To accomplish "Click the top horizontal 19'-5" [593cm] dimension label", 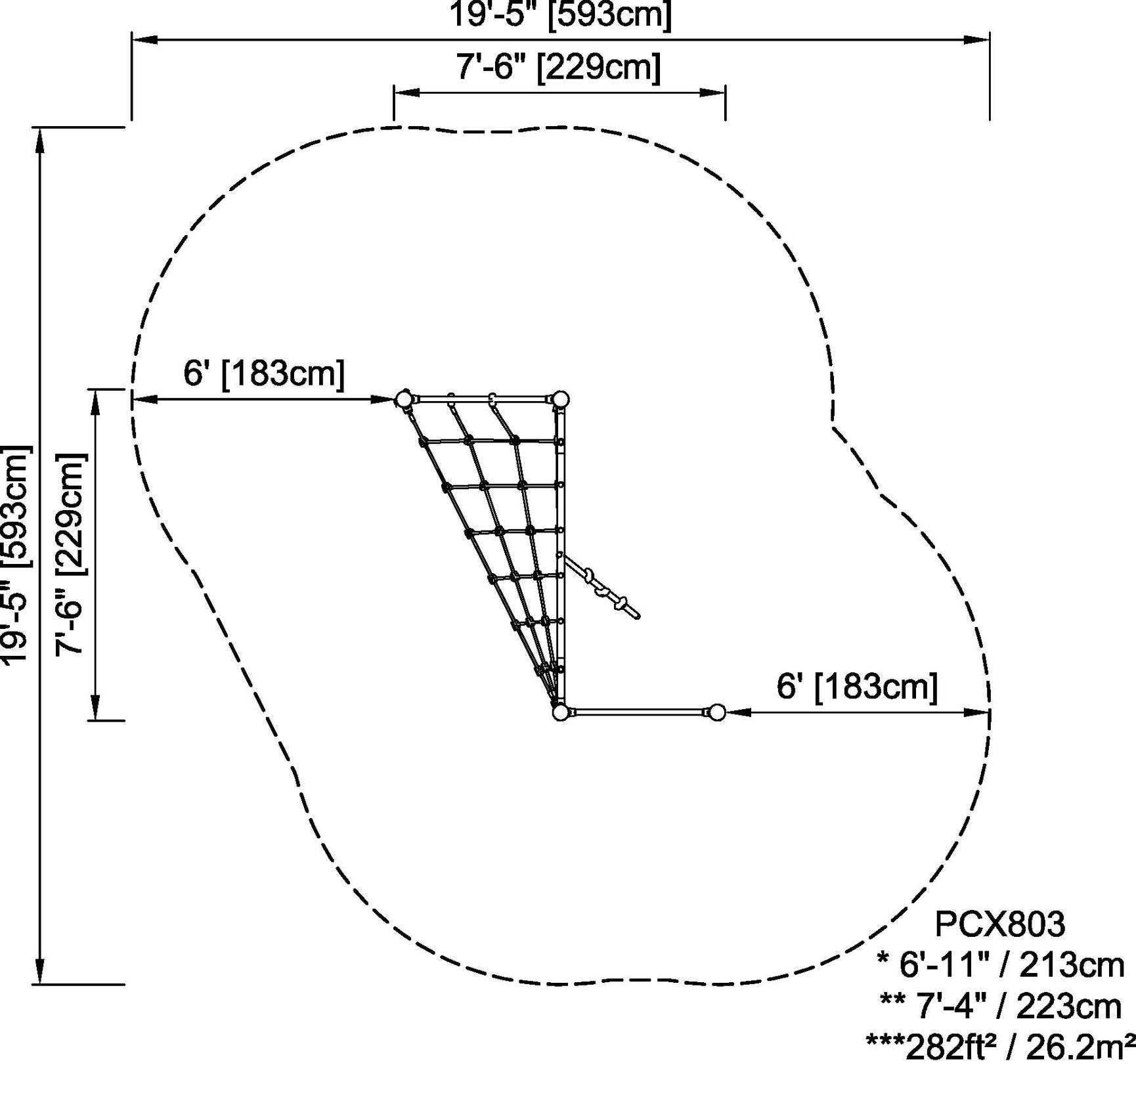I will pos(560,14).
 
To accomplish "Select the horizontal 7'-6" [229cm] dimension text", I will pos(559,67).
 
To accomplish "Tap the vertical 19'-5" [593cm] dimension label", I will pos(17,555).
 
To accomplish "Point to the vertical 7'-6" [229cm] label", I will pos(70,555).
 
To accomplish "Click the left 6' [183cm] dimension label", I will pos(263,374).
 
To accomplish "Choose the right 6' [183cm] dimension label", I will pos(857,687).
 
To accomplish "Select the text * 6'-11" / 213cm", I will pos(1000,965).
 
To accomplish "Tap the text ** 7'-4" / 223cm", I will pos(1000,1006).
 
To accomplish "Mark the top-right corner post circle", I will pos(560,399).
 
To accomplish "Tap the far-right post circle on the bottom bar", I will pos(717,712).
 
